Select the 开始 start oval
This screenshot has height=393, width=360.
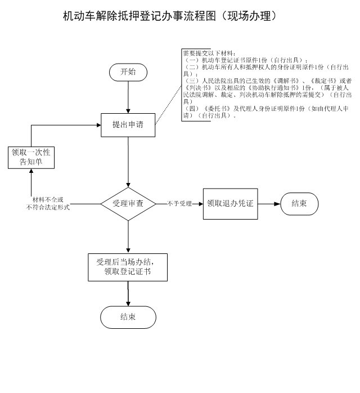pos(128,72)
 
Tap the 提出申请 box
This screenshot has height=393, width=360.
pos(128,125)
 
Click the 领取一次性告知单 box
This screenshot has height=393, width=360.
pos(31,157)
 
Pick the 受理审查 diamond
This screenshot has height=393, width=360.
pos(128,203)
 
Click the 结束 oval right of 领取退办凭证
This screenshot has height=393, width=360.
pos(299,203)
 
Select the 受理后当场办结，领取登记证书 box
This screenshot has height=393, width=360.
pos(128,267)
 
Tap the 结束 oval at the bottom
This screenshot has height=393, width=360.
pos(128,317)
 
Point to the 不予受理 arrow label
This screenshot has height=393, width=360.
pos(179,203)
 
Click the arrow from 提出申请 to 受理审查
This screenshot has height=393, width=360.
pos(128,163)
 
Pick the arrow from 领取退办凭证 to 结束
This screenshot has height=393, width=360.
pos(268,203)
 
